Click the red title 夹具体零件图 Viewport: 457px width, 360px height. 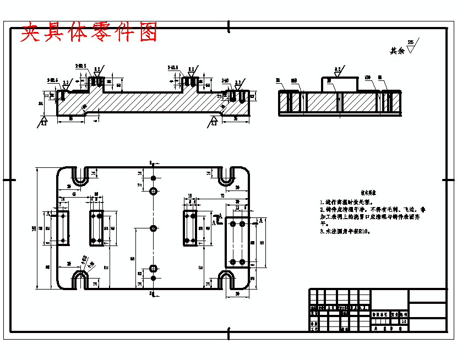coord(89,33)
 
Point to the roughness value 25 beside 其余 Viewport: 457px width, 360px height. coord(410,42)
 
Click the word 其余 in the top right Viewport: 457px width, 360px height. coord(397,51)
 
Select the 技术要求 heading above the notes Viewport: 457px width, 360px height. coord(368,194)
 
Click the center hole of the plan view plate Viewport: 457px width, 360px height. coord(153,227)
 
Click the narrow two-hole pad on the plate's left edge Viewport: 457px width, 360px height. coord(63,227)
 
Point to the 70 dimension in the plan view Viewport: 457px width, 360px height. coord(222,195)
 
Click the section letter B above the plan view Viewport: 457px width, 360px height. coord(150,162)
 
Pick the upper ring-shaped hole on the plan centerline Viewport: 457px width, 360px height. coord(153,191)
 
